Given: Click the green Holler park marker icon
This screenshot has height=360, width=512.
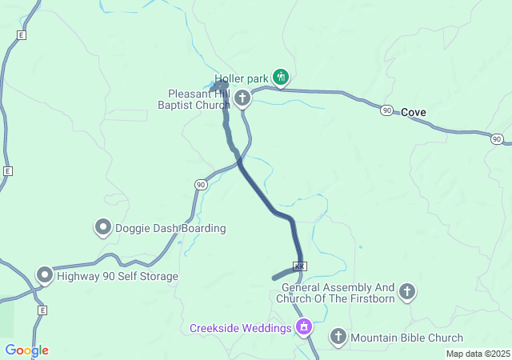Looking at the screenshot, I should [x=280, y=77].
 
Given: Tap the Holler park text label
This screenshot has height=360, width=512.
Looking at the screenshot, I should [x=242, y=79].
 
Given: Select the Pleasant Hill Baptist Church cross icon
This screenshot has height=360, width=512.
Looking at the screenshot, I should [x=242, y=98].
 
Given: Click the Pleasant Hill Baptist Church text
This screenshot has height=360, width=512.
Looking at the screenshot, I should [x=199, y=99].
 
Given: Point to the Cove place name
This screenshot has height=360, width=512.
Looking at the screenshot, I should [x=414, y=112].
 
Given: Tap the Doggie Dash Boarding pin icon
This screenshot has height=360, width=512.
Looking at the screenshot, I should [x=103, y=228].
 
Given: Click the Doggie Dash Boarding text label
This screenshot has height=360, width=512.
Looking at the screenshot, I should [x=170, y=228].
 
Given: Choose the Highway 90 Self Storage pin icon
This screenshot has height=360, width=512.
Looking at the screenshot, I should [x=45, y=276].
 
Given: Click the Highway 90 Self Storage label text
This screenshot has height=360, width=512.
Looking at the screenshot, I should [x=118, y=276].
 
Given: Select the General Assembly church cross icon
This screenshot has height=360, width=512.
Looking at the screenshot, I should [x=407, y=292].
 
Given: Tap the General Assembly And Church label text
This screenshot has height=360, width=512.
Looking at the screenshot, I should [x=339, y=293].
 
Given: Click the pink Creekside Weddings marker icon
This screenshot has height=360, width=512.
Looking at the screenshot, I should [x=303, y=327].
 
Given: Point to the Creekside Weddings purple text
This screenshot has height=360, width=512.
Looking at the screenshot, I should [x=240, y=329].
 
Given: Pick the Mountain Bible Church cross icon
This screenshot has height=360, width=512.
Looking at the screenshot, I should [x=338, y=337].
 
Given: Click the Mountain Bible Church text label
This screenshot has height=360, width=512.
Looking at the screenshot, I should [x=406, y=338].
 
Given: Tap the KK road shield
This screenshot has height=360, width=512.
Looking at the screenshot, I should [x=300, y=266].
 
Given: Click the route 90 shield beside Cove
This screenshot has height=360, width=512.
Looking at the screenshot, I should [x=387, y=110].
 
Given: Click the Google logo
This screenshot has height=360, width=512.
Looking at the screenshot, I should [x=26, y=350].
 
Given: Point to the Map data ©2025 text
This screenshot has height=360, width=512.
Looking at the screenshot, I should [x=477, y=354].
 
